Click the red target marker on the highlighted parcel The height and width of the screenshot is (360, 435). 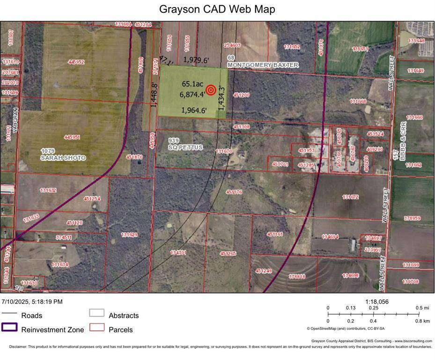point(211,90)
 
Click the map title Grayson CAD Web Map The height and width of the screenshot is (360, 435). point(217,9)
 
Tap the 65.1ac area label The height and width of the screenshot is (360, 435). point(192,84)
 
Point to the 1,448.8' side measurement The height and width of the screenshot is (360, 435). point(154,95)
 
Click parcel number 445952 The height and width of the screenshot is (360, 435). point(76,62)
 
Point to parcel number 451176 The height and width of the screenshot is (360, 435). point(234,192)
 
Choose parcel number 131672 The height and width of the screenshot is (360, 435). point(350,197)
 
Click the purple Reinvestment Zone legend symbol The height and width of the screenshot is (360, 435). point(9,328)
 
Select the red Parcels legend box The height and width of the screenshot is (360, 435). point(97,328)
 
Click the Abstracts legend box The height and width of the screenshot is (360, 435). point(97,313)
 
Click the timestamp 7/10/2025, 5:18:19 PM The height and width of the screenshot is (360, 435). point(32,302)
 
